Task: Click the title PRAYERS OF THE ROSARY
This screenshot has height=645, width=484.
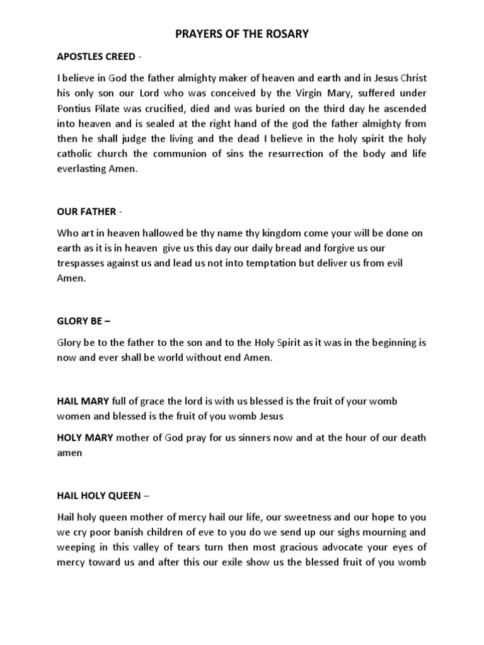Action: (241, 34)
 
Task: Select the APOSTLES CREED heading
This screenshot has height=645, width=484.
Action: (96, 57)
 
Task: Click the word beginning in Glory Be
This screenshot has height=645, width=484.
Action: (388, 343)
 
